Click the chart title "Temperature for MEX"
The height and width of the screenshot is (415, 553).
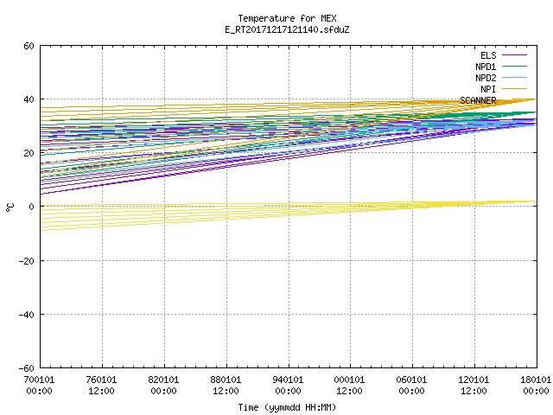point(287,18)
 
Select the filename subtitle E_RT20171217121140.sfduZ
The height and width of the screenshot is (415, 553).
point(287,29)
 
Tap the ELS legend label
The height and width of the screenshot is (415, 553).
point(488,55)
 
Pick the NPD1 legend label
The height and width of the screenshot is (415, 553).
point(486,67)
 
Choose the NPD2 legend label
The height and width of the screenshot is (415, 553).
point(486,78)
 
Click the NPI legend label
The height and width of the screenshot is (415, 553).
point(488,89)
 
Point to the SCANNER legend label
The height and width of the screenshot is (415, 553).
point(478,100)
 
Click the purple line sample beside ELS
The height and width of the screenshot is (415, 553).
point(514,55)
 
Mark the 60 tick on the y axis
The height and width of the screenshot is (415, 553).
point(29,46)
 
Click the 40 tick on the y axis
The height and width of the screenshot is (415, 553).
point(29,99)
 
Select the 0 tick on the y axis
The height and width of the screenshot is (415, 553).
point(32,207)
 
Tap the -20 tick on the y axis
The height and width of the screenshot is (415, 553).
point(27,261)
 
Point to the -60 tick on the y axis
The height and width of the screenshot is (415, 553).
point(27,368)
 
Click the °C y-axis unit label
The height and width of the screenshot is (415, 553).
point(10,207)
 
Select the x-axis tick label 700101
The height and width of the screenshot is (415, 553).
point(39,380)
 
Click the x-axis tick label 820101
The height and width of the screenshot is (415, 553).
point(163,380)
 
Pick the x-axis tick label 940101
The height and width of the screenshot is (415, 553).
point(288,380)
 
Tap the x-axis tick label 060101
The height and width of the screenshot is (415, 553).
point(411,380)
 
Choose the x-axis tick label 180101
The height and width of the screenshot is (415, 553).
point(536,380)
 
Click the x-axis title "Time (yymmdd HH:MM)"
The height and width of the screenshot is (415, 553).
point(287,407)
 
